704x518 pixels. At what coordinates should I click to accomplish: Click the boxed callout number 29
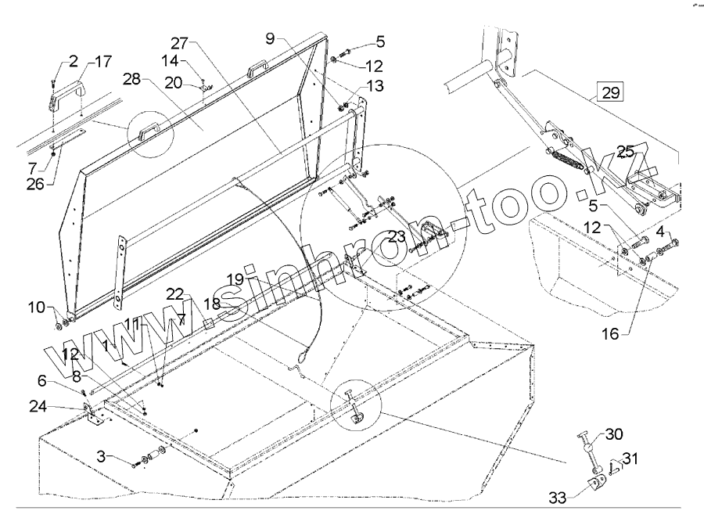pyautogui.click(x=611, y=92)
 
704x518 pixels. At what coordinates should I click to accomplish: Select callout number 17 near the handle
pyautogui.click(x=104, y=62)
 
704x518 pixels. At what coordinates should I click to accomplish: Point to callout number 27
pyautogui.click(x=180, y=42)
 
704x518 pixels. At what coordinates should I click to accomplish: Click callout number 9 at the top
pyautogui.click(x=270, y=37)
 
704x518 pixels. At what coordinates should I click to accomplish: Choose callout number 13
pyautogui.click(x=375, y=85)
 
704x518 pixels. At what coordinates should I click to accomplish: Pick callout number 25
pyautogui.click(x=626, y=150)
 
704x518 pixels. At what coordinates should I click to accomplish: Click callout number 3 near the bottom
pyautogui.click(x=102, y=455)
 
